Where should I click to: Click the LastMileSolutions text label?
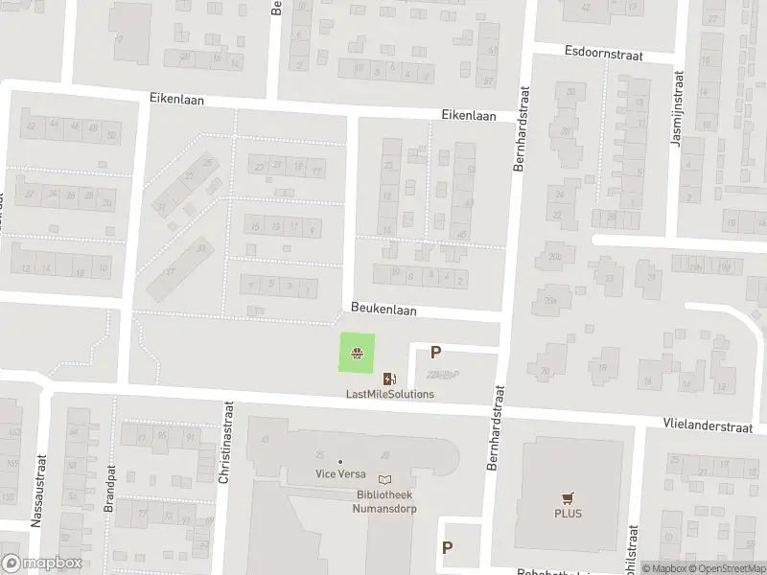pyautogui.click(x=390, y=394)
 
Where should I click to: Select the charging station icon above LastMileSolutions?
pyautogui.click(x=389, y=378)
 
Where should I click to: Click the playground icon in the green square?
pyautogui.click(x=358, y=354)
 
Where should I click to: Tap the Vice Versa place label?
pyautogui.click(x=340, y=473)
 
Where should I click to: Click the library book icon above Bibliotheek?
pyautogui.click(x=385, y=480)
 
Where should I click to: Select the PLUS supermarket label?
pyautogui.click(x=567, y=513)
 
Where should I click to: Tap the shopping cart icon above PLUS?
pyautogui.click(x=567, y=497)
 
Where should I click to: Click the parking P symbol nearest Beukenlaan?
pyautogui.click(x=436, y=353)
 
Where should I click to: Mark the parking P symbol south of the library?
pyautogui.click(x=447, y=547)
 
